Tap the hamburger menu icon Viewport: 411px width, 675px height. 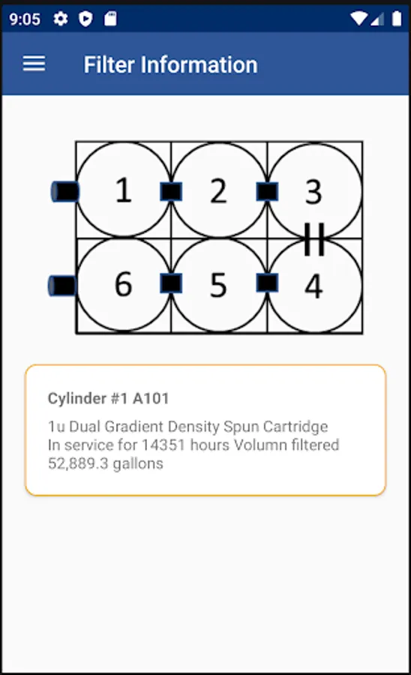[x=34, y=64]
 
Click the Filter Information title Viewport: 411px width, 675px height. [x=170, y=64]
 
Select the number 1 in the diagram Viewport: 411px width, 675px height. [x=124, y=190]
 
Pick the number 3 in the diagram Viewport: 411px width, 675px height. [x=313, y=192]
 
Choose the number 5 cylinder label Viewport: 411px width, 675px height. [x=219, y=285]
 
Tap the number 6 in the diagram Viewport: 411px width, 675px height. [x=124, y=284]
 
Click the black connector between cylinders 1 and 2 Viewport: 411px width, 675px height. [x=171, y=191]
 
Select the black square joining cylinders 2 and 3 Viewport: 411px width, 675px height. [x=267, y=191]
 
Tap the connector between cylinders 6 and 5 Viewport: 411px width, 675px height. [x=171, y=283]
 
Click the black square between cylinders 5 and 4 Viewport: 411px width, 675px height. [x=267, y=283]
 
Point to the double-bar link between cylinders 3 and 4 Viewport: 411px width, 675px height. [x=314, y=239]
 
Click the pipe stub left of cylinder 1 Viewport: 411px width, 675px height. [x=65, y=191]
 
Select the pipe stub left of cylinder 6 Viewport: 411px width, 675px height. [x=62, y=286]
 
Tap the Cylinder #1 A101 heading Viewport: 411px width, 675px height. [x=108, y=398]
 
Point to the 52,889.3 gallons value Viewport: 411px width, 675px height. [x=106, y=463]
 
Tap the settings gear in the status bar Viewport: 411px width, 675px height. [x=61, y=19]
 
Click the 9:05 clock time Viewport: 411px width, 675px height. [x=25, y=19]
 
